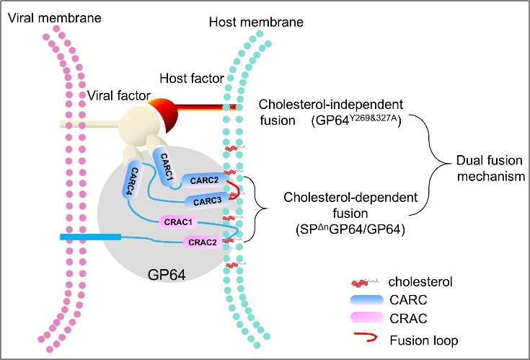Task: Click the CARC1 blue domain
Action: point(162,164)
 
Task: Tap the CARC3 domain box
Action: point(208,200)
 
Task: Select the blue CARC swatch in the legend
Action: point(368,299)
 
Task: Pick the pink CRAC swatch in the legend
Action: point(368,318)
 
